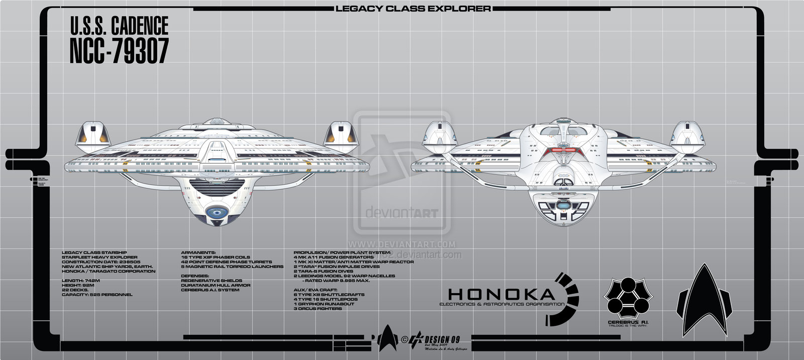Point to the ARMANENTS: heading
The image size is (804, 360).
tap(198, 252)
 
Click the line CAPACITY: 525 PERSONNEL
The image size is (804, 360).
tap(96, 294)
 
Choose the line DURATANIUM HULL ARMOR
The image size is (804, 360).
tap(216, 285)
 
